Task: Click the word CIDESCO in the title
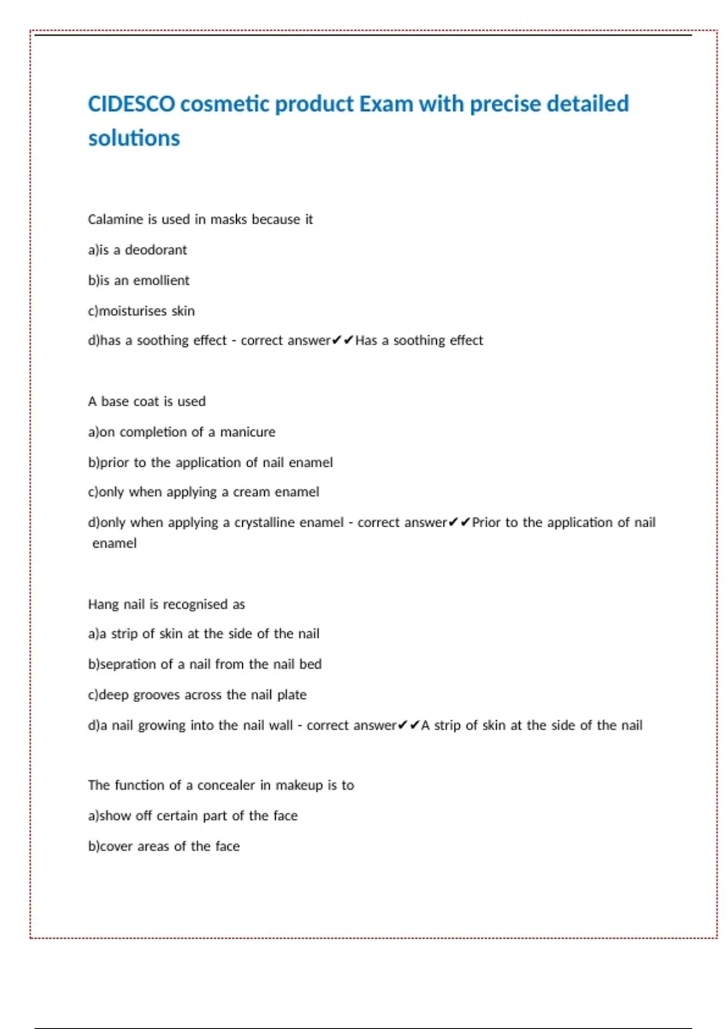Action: pos(131,104)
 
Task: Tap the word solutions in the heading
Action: pos(134,139)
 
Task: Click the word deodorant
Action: pos(156,250)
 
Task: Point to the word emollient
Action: pos(161,280)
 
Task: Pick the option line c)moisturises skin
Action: pos(141,311)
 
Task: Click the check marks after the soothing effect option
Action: pos(342,340)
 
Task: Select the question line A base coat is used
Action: pos(147,401)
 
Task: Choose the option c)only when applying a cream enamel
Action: pos(203,492)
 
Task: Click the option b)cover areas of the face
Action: pos(164,846)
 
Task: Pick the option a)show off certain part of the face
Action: pos(193,816)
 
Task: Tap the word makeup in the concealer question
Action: pos(299,785)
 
